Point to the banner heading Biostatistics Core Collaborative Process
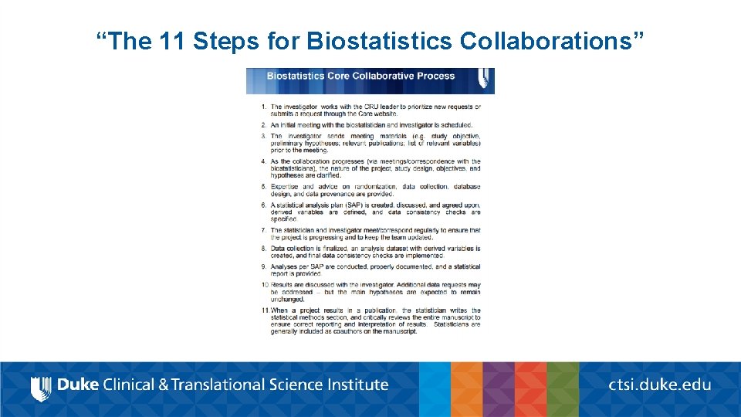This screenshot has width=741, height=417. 360,76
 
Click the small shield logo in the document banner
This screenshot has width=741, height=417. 484,77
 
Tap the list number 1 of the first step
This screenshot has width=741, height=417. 264,107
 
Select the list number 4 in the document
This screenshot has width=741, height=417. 264,161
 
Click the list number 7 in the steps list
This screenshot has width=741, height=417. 264,230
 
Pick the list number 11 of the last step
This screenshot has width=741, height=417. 264,310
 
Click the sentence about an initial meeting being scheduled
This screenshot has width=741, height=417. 370,125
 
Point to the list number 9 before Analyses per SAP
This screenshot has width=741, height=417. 264,266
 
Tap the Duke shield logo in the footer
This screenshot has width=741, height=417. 41,387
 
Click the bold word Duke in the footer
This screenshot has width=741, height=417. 78,385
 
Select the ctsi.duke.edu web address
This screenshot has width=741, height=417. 660,385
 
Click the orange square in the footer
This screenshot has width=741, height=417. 467,389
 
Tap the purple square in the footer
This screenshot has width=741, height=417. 499,389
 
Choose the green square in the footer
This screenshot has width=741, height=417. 563,389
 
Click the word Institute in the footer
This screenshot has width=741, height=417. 358,385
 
